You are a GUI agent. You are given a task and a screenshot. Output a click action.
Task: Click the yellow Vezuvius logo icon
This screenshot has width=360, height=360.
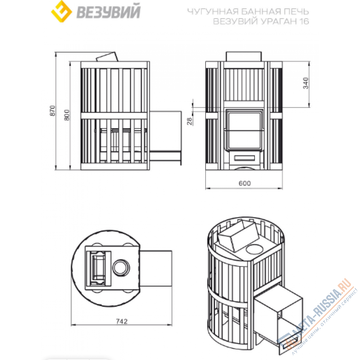(x=62, y=11)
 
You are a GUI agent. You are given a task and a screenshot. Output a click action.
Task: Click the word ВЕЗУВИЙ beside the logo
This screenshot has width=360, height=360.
(x=108, y=12)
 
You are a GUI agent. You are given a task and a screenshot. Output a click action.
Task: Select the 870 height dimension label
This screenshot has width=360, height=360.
(x=53, y=111)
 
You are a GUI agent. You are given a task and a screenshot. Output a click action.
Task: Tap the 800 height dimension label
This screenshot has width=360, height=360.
(x=67, y=115)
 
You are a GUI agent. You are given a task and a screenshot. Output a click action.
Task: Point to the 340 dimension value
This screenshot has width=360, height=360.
(x=306, y=83)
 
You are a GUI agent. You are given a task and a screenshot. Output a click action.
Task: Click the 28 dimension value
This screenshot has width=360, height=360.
(x=190, y=121)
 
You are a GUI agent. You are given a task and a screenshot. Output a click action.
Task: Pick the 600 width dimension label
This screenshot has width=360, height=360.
(x=245, y=183)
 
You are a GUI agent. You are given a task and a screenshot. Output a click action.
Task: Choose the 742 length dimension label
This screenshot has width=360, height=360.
(x=122, y=321)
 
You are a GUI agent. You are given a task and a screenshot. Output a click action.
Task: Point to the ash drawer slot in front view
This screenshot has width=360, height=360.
(x=244, y=158)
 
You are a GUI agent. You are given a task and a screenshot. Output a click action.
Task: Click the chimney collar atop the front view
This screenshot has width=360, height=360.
(x=244, y=57)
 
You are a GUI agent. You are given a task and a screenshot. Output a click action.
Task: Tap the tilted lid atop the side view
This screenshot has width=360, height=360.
(x=107, y=57)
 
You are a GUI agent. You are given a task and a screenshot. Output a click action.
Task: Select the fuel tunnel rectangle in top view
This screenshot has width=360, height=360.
(x=156, y=269)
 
